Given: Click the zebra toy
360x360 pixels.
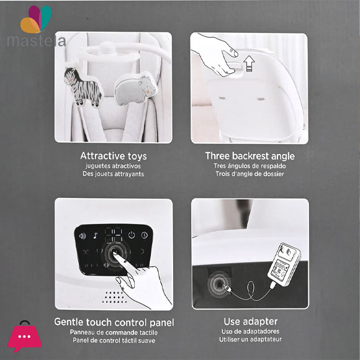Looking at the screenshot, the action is click(83, 87).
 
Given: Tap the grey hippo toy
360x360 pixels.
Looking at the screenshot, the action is click(135, 89).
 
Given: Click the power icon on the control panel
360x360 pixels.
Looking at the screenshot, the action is click(132, 235).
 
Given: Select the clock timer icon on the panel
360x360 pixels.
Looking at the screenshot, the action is click(145, 235).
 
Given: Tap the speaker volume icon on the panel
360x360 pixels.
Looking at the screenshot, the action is click(83, 236).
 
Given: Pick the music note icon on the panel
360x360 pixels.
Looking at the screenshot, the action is click(96, 236).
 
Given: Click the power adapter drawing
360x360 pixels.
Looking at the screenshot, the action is click(284, 264).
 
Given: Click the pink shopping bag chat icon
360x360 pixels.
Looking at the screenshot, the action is click(25, 336).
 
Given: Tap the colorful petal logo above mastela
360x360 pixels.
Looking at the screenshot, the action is click(36, 19).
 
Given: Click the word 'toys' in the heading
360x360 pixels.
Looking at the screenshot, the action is click(137, 156).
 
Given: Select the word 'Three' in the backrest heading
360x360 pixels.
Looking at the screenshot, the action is click(217, 156).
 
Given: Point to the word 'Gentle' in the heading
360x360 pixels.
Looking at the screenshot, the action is click(69, 322).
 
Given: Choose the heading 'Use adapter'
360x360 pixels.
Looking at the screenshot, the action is click(251, 322).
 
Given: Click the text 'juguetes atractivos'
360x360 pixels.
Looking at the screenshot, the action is click(113, 166).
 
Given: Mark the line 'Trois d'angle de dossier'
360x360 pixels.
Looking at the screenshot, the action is click(250, 174).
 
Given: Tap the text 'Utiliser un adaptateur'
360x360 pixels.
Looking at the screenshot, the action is click(251, 340).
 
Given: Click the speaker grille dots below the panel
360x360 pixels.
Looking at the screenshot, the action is click(115, 297).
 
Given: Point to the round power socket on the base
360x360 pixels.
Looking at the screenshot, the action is click(218, 284).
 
